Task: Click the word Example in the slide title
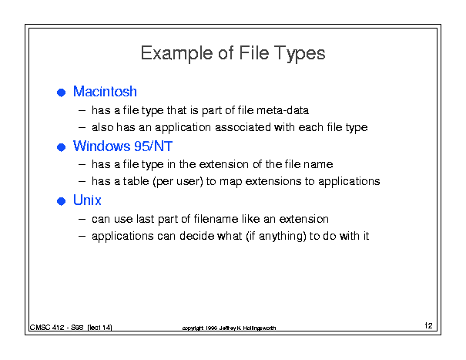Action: click(x=177, y=53)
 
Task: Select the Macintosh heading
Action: click(x=105, y=91)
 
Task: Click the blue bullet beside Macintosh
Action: click(x=61, y=93)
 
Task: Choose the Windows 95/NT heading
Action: click(x=122, y=146)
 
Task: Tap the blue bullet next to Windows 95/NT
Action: click(x=61, y=147)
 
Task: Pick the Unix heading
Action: click(x=87, y=200)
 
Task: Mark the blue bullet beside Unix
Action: click(x=61, y=201)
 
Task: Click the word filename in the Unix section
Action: click(x=216, y=219)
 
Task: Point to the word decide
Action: click(x=196, y=236)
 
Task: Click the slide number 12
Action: click(x=428, y=325)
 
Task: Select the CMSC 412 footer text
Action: click(x=71, y=328)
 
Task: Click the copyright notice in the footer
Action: click(x=229, y=328)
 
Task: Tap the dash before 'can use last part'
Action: click(x=82, y=219)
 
